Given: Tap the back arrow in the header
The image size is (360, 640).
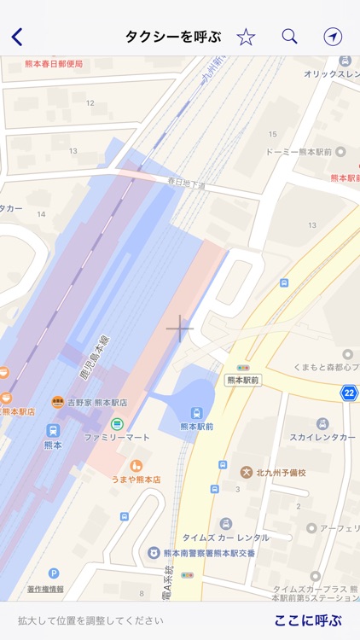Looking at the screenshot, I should pos(17,37).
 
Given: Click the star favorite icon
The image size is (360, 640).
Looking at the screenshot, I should pos(246,37).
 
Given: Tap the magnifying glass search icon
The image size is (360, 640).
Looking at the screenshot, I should pos(289,36).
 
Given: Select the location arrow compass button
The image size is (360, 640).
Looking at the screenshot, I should pos(332,36).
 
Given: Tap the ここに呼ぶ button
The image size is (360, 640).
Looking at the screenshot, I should pos(307,620).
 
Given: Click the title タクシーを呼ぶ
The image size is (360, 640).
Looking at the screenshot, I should pos(173,37).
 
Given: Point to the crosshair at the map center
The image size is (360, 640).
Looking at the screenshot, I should pos(180,328).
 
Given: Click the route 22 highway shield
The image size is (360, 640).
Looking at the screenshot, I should pos(349,393).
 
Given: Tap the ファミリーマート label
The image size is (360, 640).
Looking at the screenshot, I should pos(116,437).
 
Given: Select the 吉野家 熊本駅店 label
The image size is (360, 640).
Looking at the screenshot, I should pos(97,402).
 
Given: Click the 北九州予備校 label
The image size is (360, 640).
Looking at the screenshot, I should pos(280,472).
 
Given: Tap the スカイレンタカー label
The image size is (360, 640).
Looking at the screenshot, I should pos(322,436).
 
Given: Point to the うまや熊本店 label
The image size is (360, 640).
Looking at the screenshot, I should pos(136,480).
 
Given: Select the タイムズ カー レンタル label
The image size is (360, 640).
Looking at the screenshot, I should pos(226,538).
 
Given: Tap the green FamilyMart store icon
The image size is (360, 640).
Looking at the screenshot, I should pos(117,424).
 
